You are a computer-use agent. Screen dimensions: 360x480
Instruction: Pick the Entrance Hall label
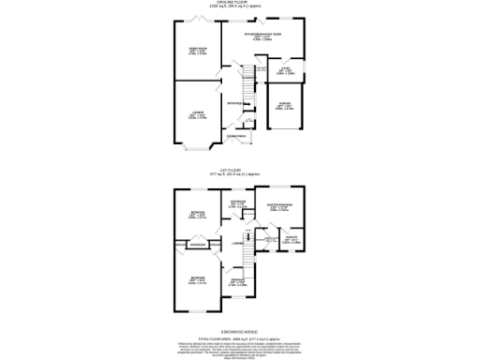(x=235, y=102)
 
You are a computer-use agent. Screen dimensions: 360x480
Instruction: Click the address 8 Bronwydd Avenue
(x=239, y=330)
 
